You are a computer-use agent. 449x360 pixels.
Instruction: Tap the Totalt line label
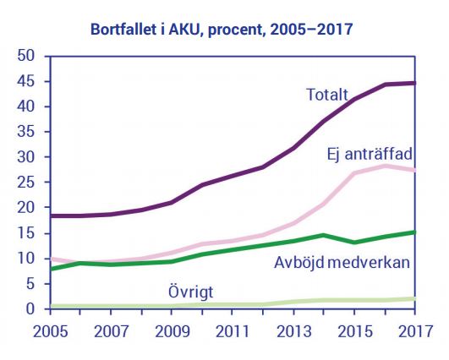pyautogui.click(x=328, y=95)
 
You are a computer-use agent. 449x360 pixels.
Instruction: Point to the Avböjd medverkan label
pyautogui.click(x=342, y=260)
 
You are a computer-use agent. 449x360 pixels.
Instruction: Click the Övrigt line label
pyautogui.click(x=189, y=291)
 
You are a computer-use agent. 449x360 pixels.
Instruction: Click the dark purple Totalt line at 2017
pyautogui.click(x=414, y=83)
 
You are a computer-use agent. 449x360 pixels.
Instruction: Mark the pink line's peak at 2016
pyautogui.click(x=385, y=166)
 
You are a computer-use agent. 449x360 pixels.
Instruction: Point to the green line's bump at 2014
pyautogui.click(x=324, y=235)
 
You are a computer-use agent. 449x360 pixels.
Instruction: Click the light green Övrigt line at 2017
pyautogui.click(x=414, y=298)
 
